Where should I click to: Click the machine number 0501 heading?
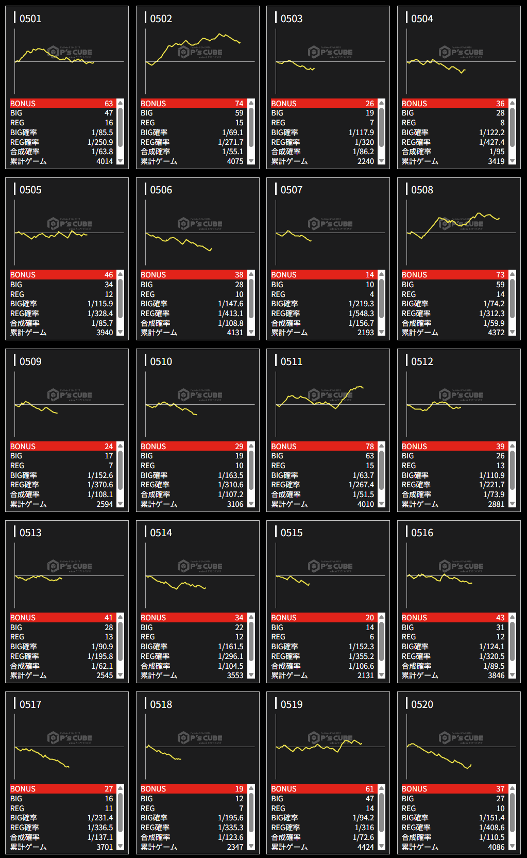click(30, 19)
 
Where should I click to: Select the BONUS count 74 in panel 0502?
click(239, 104)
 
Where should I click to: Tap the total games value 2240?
click(365, 161)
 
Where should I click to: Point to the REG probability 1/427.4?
click(491, 142)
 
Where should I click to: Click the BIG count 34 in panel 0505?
click(109, 285)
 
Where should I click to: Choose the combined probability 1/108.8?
click(230, 323)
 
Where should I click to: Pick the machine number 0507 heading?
click(292, 190)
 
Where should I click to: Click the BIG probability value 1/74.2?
click(494, 304)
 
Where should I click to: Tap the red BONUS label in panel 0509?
click(23, 447)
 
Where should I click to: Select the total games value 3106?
click(235, 504)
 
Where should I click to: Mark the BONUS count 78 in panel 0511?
click(370, 447)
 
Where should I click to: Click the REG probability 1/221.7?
click(491, 485)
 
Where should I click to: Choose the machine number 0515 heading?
click(292, 533)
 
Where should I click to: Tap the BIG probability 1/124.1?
click(491, 647)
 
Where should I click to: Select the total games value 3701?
click(105, 847)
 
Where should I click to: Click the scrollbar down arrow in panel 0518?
click(251, 846)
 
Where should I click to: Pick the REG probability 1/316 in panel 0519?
click(364, 828)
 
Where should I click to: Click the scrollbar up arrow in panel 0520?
click(513, 789)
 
